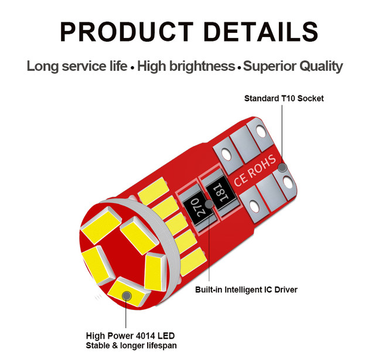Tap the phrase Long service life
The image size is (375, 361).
(x=76, y=66)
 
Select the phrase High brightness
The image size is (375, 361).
(x=185, y=66)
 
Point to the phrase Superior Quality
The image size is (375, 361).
(x=293, y=66)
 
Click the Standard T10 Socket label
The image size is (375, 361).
(x=284, y=98)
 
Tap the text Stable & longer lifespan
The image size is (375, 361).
(x=131, y=346)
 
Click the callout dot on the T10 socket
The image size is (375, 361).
(x=282, y=168)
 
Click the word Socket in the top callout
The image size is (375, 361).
(x=310, y=98)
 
